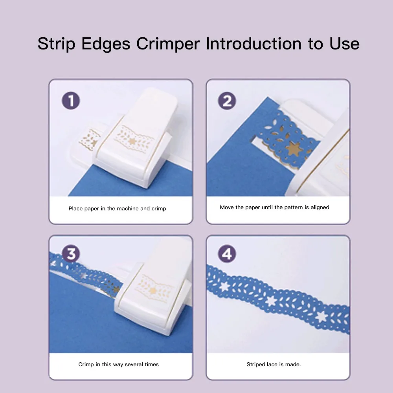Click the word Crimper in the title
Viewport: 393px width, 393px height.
(x=168, y=44)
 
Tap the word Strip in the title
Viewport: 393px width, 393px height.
(x=56, y=44)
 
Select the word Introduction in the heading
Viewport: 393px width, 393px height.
(x=253, y=44)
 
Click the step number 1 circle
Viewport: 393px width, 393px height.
(x=71, y=101)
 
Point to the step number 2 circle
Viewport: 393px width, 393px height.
(x=227, y=101)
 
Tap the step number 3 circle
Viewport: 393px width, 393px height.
(x=71, y=253)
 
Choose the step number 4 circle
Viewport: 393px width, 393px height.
(x=227, y=253)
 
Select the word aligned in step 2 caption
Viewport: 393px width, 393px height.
(x=320, y=208)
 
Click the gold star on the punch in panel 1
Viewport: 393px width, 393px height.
(x=132, y=141)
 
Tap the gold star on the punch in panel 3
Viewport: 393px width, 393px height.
(x=153, y=291)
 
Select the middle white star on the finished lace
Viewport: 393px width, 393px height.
(x=271, y=301)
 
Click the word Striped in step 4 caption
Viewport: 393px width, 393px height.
(x=256, y=364)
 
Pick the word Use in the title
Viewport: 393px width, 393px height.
(x=344, y=44)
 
